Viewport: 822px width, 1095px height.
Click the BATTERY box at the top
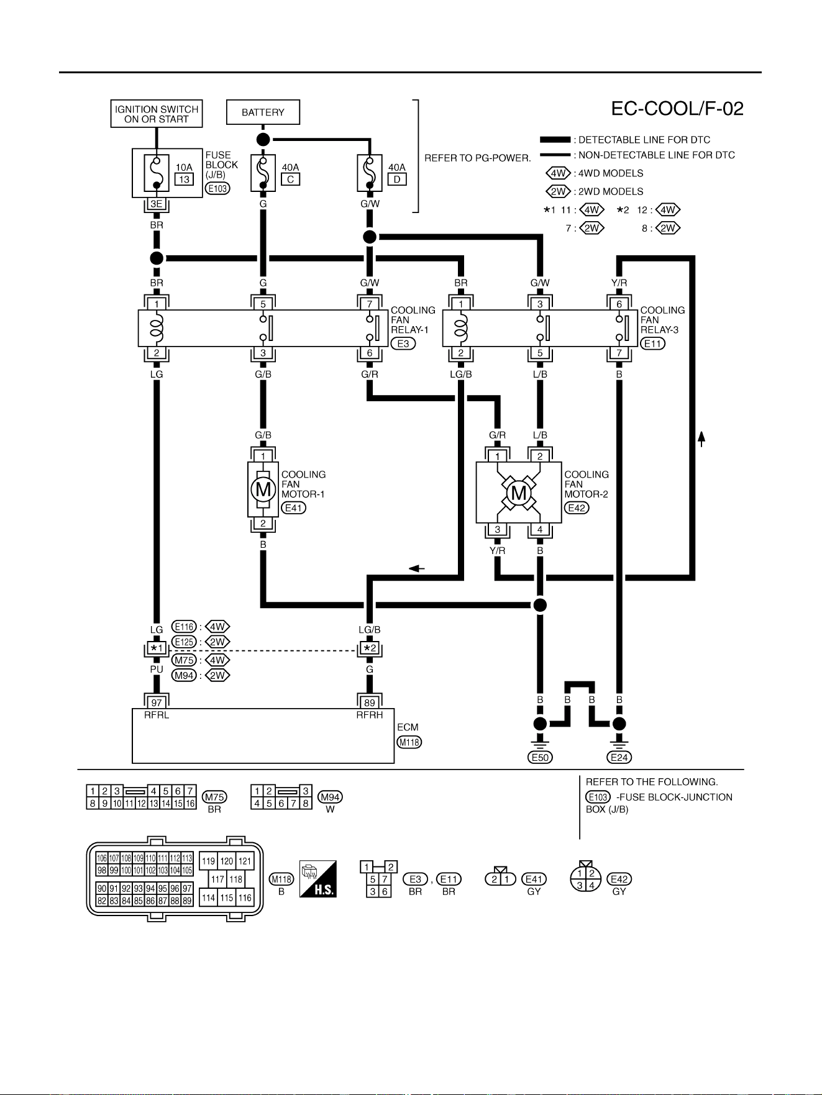[x=263, y=112]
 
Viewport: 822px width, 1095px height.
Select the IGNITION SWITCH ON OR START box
[x=157, y=114]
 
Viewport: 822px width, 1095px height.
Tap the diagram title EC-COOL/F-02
[x=677, y=109]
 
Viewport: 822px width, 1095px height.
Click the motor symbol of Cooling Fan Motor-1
[x=263, y=489]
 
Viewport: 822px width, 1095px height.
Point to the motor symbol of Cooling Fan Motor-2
[x=518, y=493]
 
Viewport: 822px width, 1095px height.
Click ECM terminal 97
[x=157, y=702]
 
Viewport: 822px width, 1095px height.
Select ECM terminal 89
[x=370, y=702]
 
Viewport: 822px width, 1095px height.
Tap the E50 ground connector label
[x=540, y=757]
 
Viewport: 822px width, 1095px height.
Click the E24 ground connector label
[x=619, y=757]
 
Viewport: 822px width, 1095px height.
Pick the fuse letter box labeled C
[x=290, y=179]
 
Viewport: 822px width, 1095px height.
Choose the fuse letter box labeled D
[x=397, y=179]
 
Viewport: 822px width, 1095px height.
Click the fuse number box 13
[x=184, y=179]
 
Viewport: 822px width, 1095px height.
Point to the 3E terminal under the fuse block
[x=157, y=204]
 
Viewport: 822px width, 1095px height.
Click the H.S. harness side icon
[x=318, y=879]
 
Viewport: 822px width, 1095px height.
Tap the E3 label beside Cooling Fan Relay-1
[x=403, y=343]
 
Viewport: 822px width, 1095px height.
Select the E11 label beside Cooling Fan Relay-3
[x=652, y=343]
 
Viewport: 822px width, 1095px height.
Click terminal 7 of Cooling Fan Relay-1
[x=370, y=304]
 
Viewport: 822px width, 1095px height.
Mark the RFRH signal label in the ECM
[x=370, y=715]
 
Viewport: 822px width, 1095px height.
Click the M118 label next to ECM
[x=409, y=742]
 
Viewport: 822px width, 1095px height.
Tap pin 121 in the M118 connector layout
[x=245, y=861]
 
